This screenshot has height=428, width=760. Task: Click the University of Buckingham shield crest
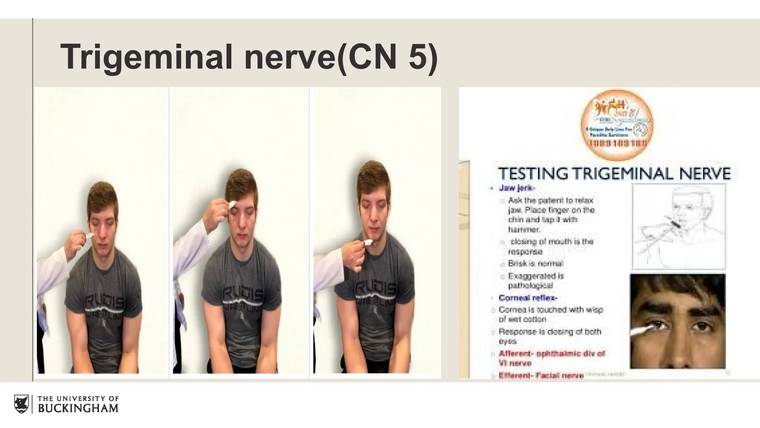tap(22, 404)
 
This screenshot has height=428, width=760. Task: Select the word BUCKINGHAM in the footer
tap(78, 408)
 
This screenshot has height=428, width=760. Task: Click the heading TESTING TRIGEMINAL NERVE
tap(614, 174)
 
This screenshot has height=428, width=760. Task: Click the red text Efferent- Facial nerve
tap(541, 375)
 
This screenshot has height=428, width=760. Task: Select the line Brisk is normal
tap(535, 263)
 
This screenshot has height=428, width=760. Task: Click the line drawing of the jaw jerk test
tap(678, 226)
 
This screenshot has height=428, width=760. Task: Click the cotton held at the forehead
tap(231, 204)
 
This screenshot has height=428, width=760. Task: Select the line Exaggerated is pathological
tap(535, 281)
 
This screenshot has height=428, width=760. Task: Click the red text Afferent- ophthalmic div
tap(552, 354)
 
